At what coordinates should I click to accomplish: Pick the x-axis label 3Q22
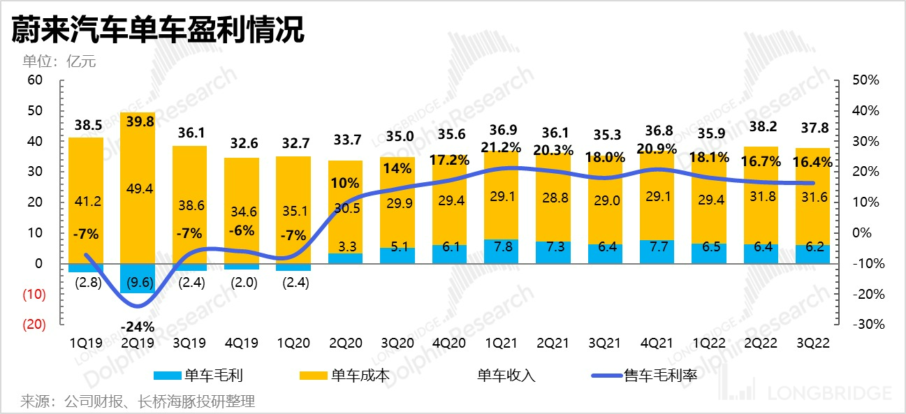[x=812, y=343]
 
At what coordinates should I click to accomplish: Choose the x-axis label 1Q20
[x=293, y=343]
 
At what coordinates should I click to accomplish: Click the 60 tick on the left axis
[x=35, y=80]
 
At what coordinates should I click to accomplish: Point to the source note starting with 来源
[x=137, y=401]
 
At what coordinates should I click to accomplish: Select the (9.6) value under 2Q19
[x=138, y=283]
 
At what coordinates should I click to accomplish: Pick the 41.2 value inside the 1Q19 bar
[x=86, y=202]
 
